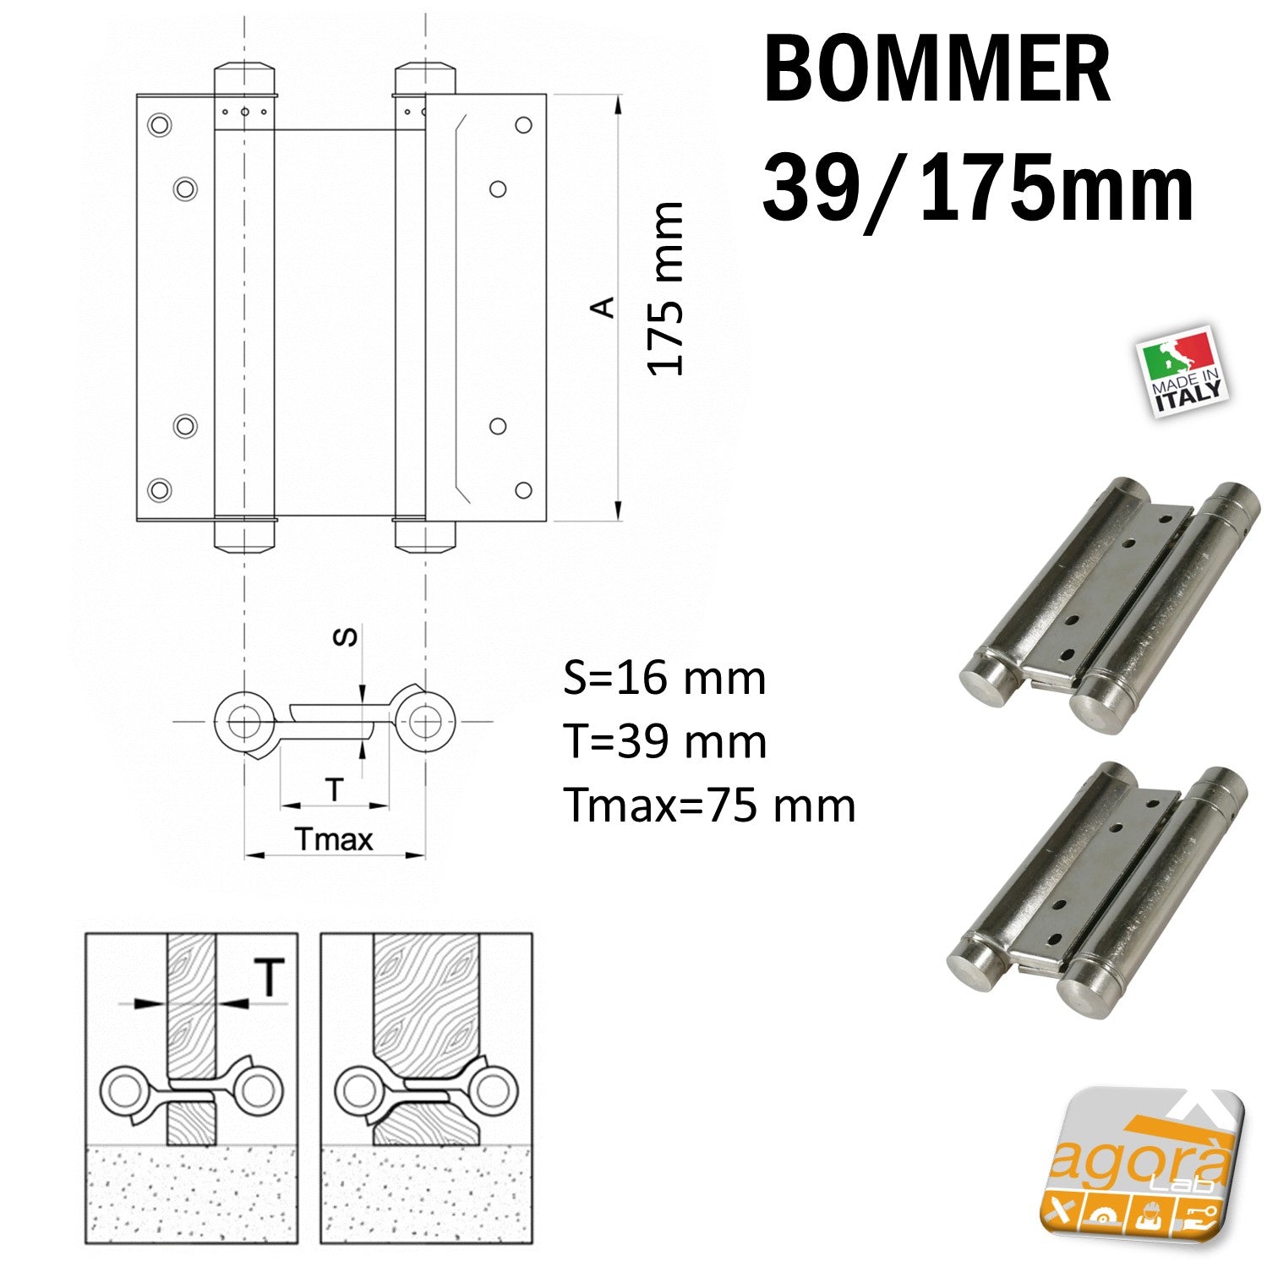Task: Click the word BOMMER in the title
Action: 936,71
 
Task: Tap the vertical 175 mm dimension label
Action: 666,288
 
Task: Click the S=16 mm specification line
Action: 664,679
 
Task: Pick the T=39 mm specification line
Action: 665,742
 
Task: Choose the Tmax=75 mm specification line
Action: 709,805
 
